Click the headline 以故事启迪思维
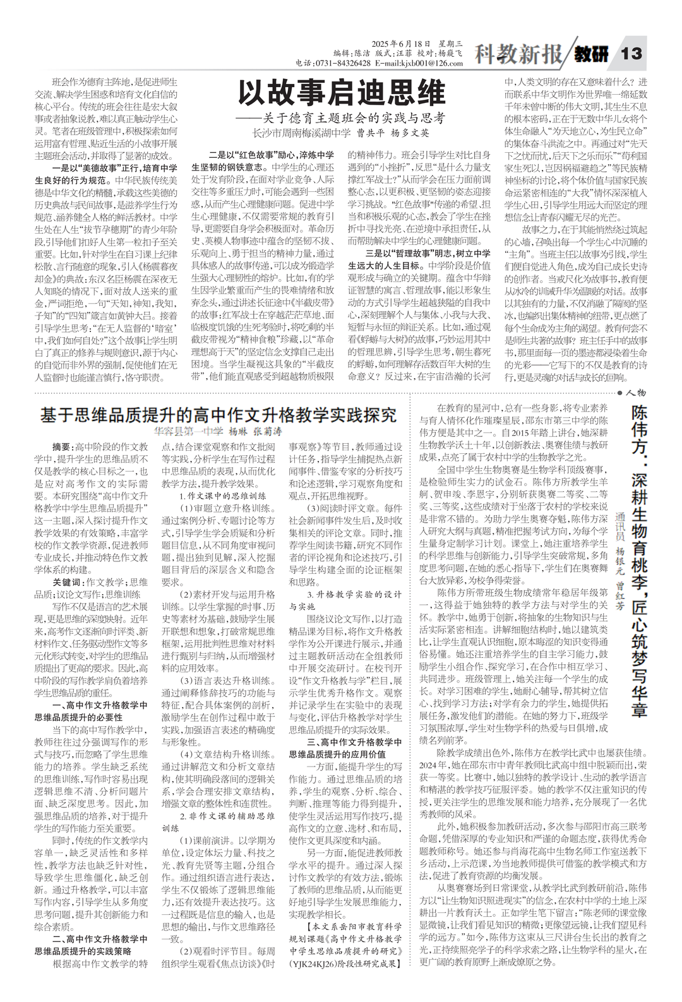(x=341, y=95)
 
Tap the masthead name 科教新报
(x=517, y=56)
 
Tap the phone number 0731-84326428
(x=347, y=63)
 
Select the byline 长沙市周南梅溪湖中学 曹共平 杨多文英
(x=340, y=133)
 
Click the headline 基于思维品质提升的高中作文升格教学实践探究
(x=218, y=415)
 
